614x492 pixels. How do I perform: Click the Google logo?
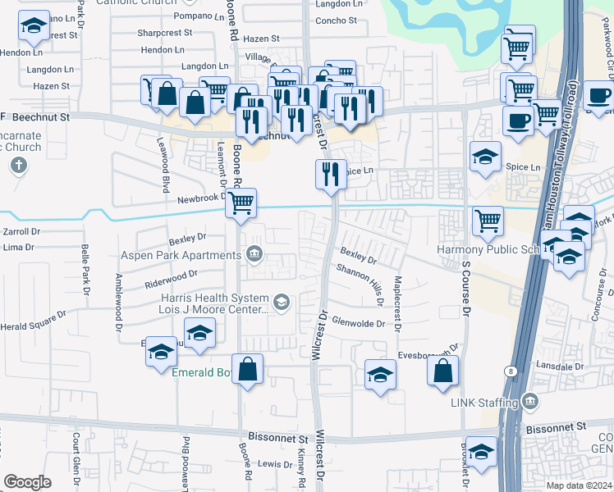click(x=27, y=482)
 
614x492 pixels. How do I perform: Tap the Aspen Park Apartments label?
click(x=181, y=255)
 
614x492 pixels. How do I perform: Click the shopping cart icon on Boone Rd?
click(x=241, y=202)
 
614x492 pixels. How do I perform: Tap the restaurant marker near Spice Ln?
click(x=331, y=174)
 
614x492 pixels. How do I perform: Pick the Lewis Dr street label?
click(x=270, y=463)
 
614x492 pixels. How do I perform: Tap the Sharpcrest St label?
click(x=165, y=33)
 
